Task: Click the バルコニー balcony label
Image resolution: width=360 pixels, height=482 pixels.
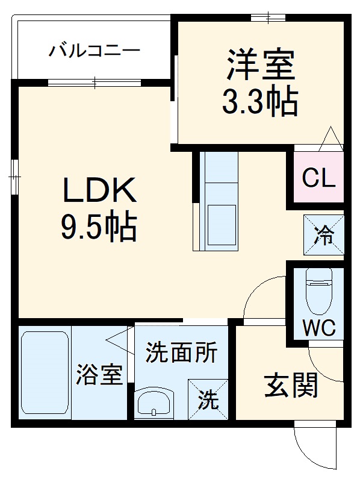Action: [x=94, y=49]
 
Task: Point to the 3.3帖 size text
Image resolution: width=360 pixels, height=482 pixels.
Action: [x=260, y=103]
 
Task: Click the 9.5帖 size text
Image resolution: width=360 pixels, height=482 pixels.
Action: [x=98, y=228]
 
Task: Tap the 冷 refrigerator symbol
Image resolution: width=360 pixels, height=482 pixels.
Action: [x=324, y=235]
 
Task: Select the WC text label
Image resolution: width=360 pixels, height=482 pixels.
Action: [x=318, y=329]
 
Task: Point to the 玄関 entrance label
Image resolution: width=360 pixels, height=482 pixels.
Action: [x=291, y=386]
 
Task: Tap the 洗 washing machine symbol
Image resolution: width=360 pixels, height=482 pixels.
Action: [x=208, y=399]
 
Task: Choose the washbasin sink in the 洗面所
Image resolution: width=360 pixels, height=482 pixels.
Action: [x=155, y=402]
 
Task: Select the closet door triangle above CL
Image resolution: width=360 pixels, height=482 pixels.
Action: [x=331, y=139]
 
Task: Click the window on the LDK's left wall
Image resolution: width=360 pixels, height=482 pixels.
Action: [x=14, y=177]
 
